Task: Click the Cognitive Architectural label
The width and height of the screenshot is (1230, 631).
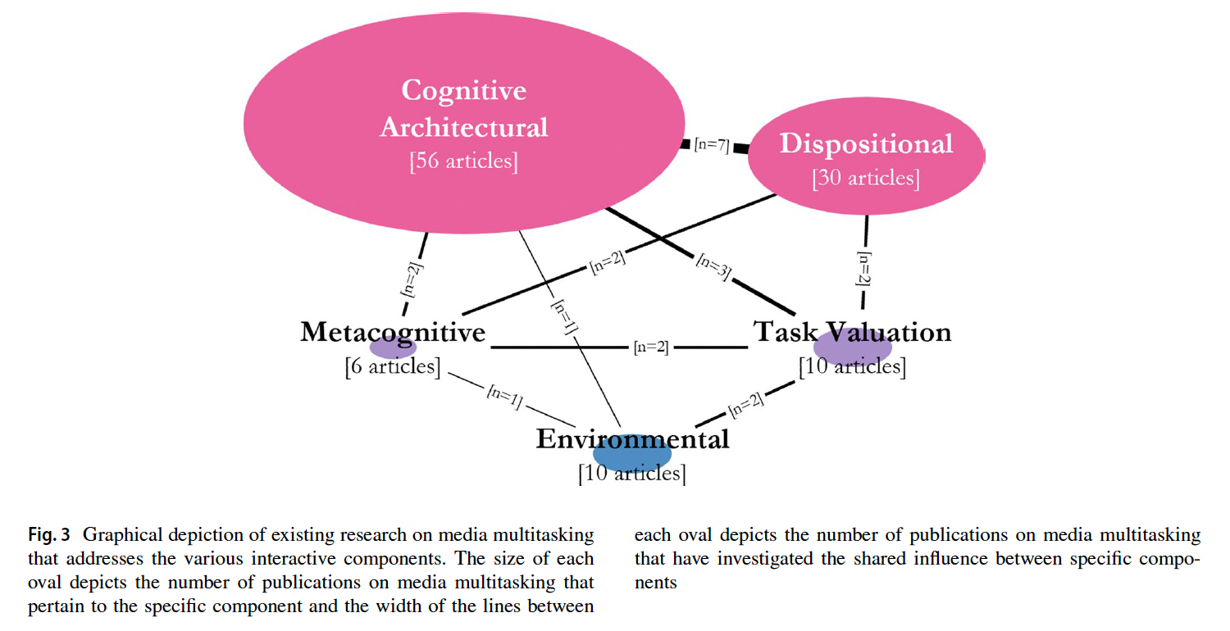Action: tap(463, 108)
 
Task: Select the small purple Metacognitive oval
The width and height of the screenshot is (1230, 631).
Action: tap(394, 347)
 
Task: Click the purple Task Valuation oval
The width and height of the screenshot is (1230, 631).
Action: tap(852, 347)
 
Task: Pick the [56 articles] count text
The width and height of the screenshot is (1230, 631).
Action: tap(463, 161)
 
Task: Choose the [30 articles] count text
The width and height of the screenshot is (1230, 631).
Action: tap(866, 178)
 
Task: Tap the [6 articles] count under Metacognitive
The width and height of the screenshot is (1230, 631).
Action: tap(393, 366)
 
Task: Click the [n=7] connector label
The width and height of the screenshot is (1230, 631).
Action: tap(711, 146)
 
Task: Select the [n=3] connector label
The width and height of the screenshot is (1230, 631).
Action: tap(713, 268)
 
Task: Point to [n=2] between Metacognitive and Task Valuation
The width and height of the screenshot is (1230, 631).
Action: tap(651, 347)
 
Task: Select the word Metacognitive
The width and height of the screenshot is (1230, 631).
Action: tap(393, 332)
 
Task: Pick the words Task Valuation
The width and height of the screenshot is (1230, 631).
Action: tap(852, 332)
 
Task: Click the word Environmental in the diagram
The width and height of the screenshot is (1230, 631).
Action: tap(632, 439)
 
